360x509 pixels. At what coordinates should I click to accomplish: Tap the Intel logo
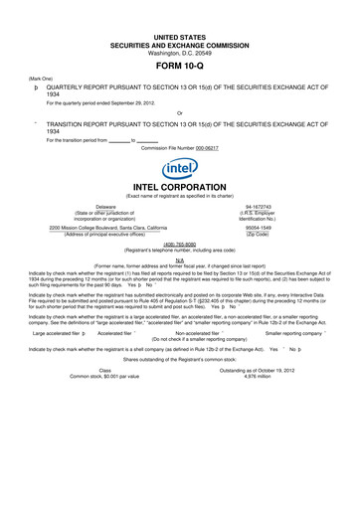179,169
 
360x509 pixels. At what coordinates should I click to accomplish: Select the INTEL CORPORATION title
180,187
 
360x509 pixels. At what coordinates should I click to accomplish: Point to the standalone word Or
179,112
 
